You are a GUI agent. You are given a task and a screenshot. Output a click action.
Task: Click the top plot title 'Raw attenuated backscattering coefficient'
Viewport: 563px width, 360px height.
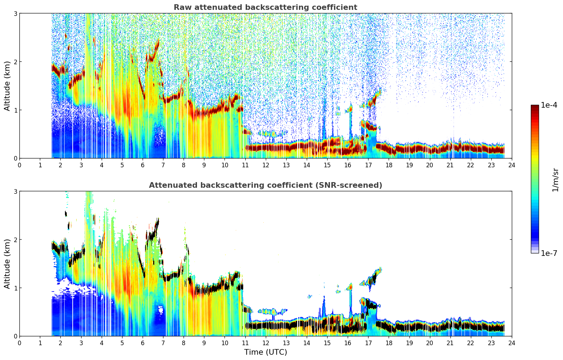pos(265,7)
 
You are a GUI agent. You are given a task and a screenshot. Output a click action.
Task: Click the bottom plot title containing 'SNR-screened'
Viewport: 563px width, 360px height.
pos(265,185)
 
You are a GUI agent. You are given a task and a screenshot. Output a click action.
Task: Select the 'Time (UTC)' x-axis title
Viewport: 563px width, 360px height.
pos(265,352)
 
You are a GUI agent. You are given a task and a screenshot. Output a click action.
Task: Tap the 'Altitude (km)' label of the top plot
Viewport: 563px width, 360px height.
pos(7,86)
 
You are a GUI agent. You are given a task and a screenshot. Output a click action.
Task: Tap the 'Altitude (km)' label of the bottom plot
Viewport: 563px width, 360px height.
pos(7,264)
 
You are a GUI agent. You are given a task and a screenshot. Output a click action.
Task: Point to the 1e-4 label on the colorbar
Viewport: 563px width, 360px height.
pos(549,105)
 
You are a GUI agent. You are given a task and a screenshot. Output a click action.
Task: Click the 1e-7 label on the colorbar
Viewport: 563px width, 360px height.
pos(549,253)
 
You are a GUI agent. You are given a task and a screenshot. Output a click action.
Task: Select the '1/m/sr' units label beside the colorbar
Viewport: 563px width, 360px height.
pos(555,179)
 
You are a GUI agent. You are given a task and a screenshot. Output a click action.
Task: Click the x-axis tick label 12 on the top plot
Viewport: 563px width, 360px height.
pos(265,165)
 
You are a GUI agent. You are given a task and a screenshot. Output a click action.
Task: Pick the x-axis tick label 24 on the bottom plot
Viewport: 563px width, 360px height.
pos(511,343)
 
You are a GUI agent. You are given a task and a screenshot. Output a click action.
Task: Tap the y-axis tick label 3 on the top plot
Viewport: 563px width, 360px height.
pos(16,13)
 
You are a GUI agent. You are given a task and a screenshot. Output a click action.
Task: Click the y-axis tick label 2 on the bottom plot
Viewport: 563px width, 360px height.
pos(16,240)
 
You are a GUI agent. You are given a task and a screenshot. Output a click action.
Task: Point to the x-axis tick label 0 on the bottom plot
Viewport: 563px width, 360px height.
pos(19,343)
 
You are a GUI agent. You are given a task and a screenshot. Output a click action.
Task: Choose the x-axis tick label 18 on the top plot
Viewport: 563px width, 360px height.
pos(389,165)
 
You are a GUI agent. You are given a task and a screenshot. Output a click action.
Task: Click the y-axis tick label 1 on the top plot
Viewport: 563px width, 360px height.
pos(16,110)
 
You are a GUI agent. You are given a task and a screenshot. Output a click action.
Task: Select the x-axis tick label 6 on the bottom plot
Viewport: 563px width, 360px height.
pos(143,343)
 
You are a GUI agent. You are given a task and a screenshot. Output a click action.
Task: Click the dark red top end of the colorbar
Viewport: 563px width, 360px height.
pos(535,106)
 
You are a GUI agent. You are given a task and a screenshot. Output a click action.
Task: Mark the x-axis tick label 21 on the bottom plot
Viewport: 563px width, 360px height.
pos(450,343)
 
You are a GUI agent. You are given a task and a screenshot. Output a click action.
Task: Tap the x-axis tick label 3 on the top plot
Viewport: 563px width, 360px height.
pos(81,165)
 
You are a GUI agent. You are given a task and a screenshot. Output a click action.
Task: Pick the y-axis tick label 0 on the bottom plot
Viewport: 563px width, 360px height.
pos(16,336)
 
